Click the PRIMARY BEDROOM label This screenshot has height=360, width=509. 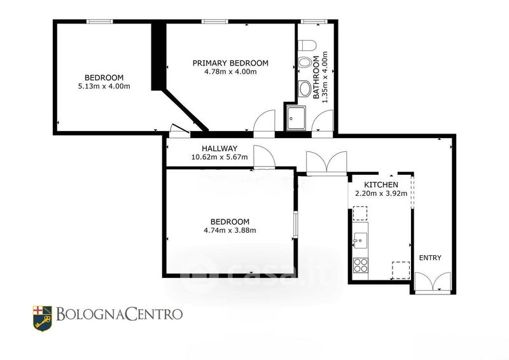[230, 63]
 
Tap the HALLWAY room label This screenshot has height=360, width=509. [220, 149]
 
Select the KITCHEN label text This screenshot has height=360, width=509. [380, 184]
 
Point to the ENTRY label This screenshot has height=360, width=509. [430, 258]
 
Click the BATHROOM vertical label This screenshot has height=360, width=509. [316, 78]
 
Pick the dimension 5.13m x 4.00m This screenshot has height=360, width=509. [104, 87]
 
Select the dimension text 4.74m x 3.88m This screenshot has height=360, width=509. [230, 230]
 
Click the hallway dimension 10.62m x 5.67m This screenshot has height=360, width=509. [220, 158]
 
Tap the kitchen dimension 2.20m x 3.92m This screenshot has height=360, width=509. [381, 193]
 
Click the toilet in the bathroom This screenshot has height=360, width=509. [307, 45]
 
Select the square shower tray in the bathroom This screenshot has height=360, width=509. [296, 118]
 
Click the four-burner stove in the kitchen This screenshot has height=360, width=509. [361, 265]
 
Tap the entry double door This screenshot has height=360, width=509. [433, 283]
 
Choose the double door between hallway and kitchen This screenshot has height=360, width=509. [326, 163]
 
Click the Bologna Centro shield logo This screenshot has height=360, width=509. [42, 318]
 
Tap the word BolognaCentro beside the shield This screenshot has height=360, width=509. [119, 314]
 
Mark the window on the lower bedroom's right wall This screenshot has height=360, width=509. [295, 225]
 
